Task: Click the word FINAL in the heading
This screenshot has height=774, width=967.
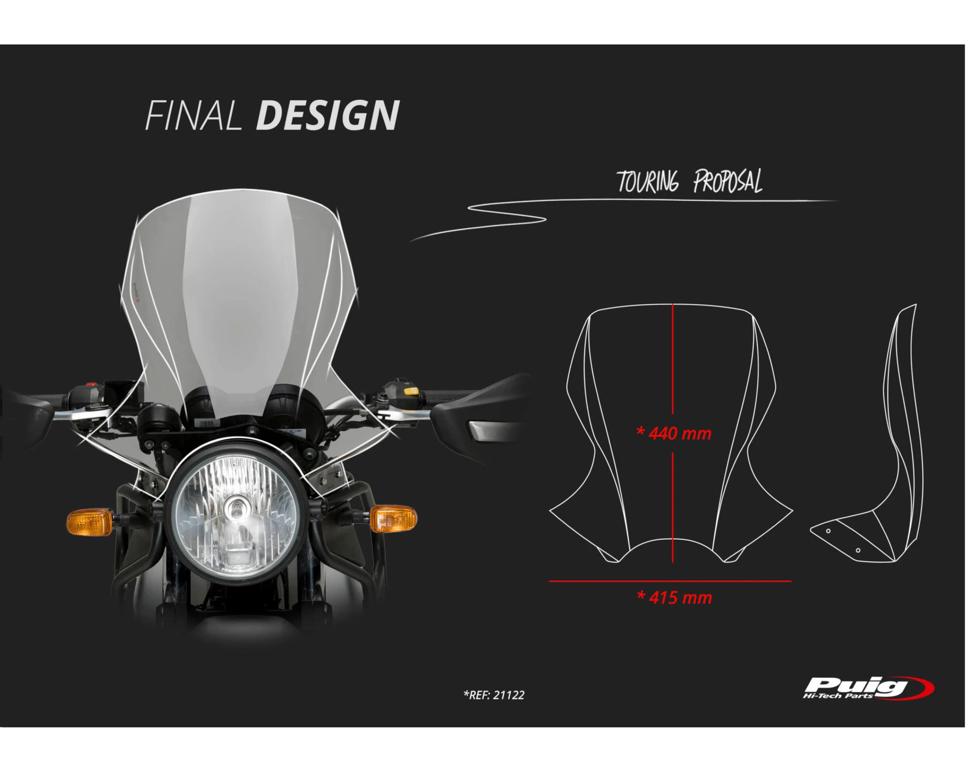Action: tap(193, 116)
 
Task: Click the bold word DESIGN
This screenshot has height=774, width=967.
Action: tap(327, 116)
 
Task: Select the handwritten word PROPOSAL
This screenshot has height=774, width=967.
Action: tap(727, 182)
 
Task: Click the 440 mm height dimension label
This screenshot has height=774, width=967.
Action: tap(674, 434)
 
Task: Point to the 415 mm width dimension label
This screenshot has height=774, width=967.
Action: tap(674, 598)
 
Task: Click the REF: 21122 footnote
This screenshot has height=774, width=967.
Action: tap(494, 695)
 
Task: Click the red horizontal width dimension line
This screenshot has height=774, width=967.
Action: tap(671, 581)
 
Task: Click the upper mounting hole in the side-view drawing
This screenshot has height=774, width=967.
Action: tap(828, 531)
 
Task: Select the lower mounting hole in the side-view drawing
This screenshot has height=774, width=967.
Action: tap(858, 550)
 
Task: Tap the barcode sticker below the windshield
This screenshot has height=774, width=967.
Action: tap(207, 423)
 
